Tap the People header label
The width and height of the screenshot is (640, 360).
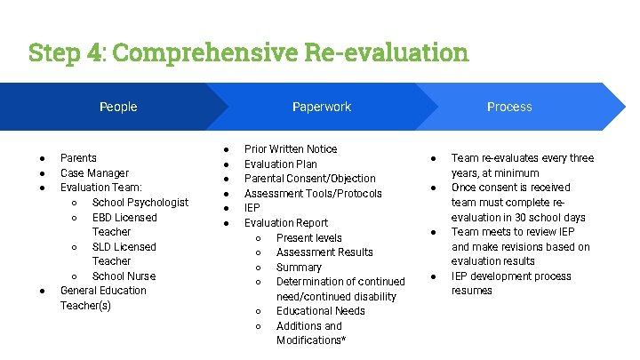tap(118, 107)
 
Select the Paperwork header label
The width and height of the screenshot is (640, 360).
tap(322, 107)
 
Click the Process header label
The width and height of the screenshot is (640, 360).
tap(509, 107)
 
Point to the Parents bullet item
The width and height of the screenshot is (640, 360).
tap(78, 158)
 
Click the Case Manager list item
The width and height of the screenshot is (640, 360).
tap(94, 173)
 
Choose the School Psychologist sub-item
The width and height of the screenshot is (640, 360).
tap(140, 203)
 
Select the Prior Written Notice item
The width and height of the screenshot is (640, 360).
tap(291, 149)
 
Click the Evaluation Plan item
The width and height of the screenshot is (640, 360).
tap(280, 164)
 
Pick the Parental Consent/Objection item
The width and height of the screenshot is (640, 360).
tap(309, 179)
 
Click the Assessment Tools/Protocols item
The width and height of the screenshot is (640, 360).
tap(313, 194)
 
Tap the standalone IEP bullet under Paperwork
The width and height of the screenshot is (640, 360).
tap(252, 208)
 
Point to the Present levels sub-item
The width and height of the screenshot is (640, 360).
tap(308, 238)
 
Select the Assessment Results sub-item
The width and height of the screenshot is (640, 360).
tap(324, 252)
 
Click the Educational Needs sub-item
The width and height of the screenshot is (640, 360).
tap(320, 311)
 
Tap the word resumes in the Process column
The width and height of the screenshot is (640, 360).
tap(471, 291)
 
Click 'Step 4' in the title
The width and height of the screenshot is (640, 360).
tap(60, 52)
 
